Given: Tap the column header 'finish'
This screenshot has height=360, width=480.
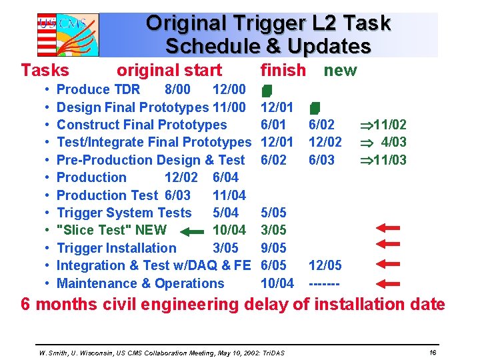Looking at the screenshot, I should pyautogui.click(x=283, y=70).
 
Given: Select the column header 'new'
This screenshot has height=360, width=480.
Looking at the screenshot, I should pyautogui.click(x=340, y=70).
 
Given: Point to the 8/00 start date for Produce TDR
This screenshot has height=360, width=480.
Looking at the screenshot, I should pyautogui.click(x=177, y=89).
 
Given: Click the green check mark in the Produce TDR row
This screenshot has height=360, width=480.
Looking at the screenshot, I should pyautogui.click(x=266, y=90).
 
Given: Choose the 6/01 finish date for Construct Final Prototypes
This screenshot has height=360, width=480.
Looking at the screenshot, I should pyautogui.click(x=273, y=125).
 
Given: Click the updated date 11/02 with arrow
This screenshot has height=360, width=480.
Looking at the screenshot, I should pyautogui.click(x=383, y=125).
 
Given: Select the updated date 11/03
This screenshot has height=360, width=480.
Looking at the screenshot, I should pyautogui.click(x=383, y=160).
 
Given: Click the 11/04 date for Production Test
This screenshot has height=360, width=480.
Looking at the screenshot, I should pyautogui.click(x=229, y=195).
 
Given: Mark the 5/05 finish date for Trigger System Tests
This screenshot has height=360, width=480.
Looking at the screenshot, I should pyautogui.click(x=273, y=213).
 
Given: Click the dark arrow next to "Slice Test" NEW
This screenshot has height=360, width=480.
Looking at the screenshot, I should pyautogui.click(x=194, y=231).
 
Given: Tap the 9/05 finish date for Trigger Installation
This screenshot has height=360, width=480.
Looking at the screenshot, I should pyautogui.click(x=273, y=248).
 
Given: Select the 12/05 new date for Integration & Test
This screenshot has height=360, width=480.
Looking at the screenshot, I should pyautogui.click(x=325, y=265).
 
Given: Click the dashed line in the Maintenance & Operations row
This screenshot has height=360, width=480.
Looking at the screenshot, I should pyautogui.click(x=325, y=283).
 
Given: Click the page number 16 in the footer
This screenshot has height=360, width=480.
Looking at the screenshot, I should pyautogui.click(x=433, y=351).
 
